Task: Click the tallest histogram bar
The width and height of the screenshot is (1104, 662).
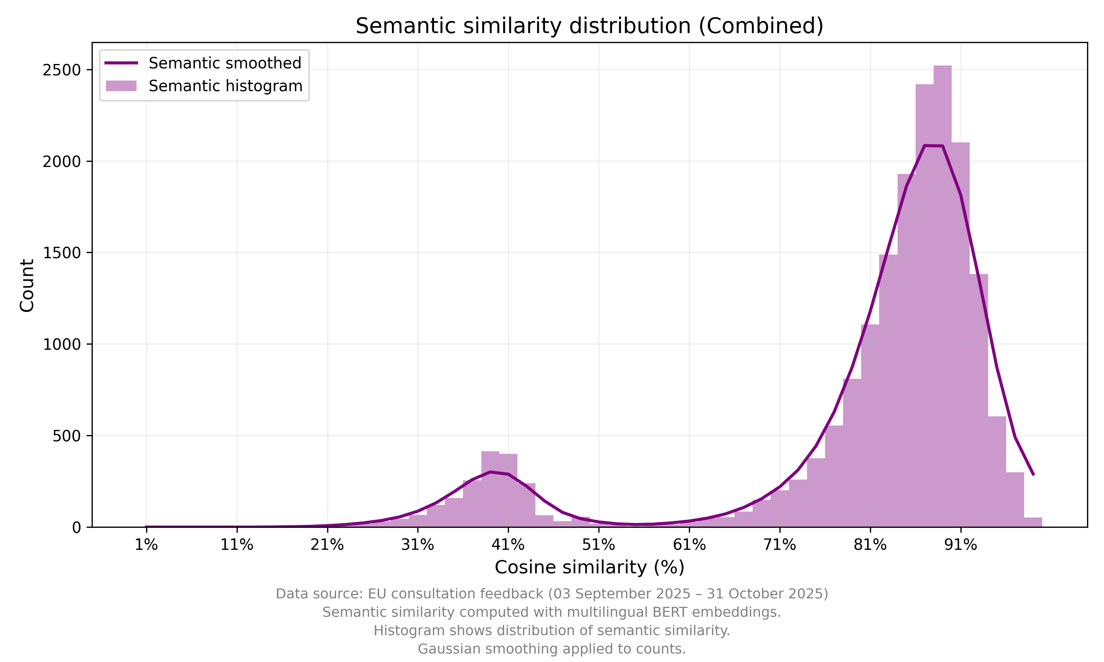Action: (x=942, y=295)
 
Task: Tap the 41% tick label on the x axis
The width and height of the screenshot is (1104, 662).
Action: (x=508, y=545)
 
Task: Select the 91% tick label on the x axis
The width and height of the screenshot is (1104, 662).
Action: (x=960, y=545)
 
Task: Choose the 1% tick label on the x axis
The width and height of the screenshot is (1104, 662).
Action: (x=146, y=545)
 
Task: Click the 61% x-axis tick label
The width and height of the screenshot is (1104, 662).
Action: (x=689, y=545)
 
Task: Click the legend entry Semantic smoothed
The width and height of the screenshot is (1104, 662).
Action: (x=225, y=63)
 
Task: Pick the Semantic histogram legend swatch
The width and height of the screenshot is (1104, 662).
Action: (x=121, y=86)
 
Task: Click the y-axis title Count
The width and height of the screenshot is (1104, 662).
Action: (x=27, y=285)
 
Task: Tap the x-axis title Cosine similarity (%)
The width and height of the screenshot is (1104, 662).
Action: (x=589, y=567)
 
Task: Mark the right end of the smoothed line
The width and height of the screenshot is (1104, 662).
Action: (x=1033, y=475)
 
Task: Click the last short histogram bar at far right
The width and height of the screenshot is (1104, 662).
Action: (x=1033, y=522)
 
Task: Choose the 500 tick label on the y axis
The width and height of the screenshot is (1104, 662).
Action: (x=67, y=436)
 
